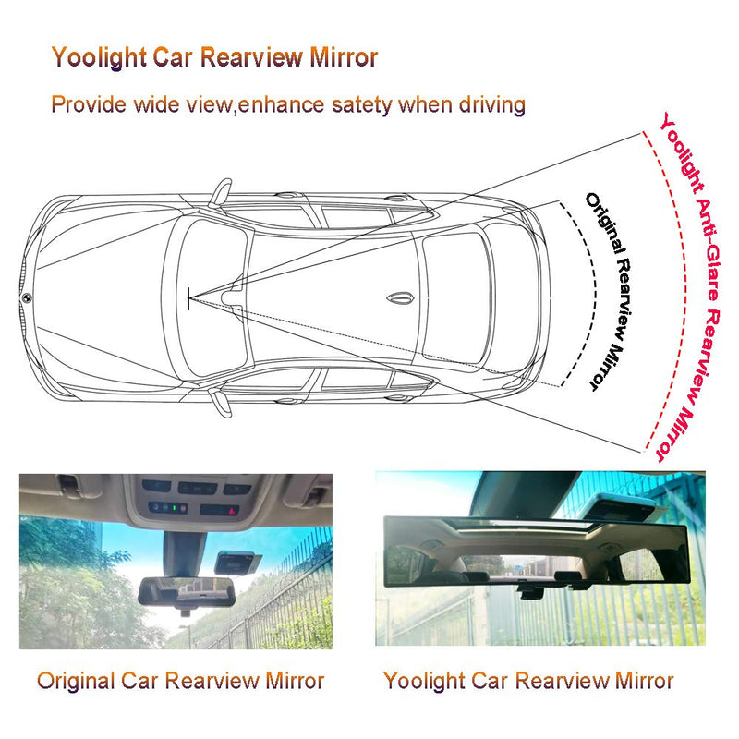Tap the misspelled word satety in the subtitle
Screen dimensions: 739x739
pos(356,103)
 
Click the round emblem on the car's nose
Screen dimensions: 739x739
pos(25,297)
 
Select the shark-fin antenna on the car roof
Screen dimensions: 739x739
pos(399,298)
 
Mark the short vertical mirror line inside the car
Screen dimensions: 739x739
pos(189,297)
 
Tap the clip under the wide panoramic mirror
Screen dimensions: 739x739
pos(530,592)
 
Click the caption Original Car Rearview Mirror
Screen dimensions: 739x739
pos(180,682)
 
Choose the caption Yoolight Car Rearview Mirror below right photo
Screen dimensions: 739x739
pos(527,682)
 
